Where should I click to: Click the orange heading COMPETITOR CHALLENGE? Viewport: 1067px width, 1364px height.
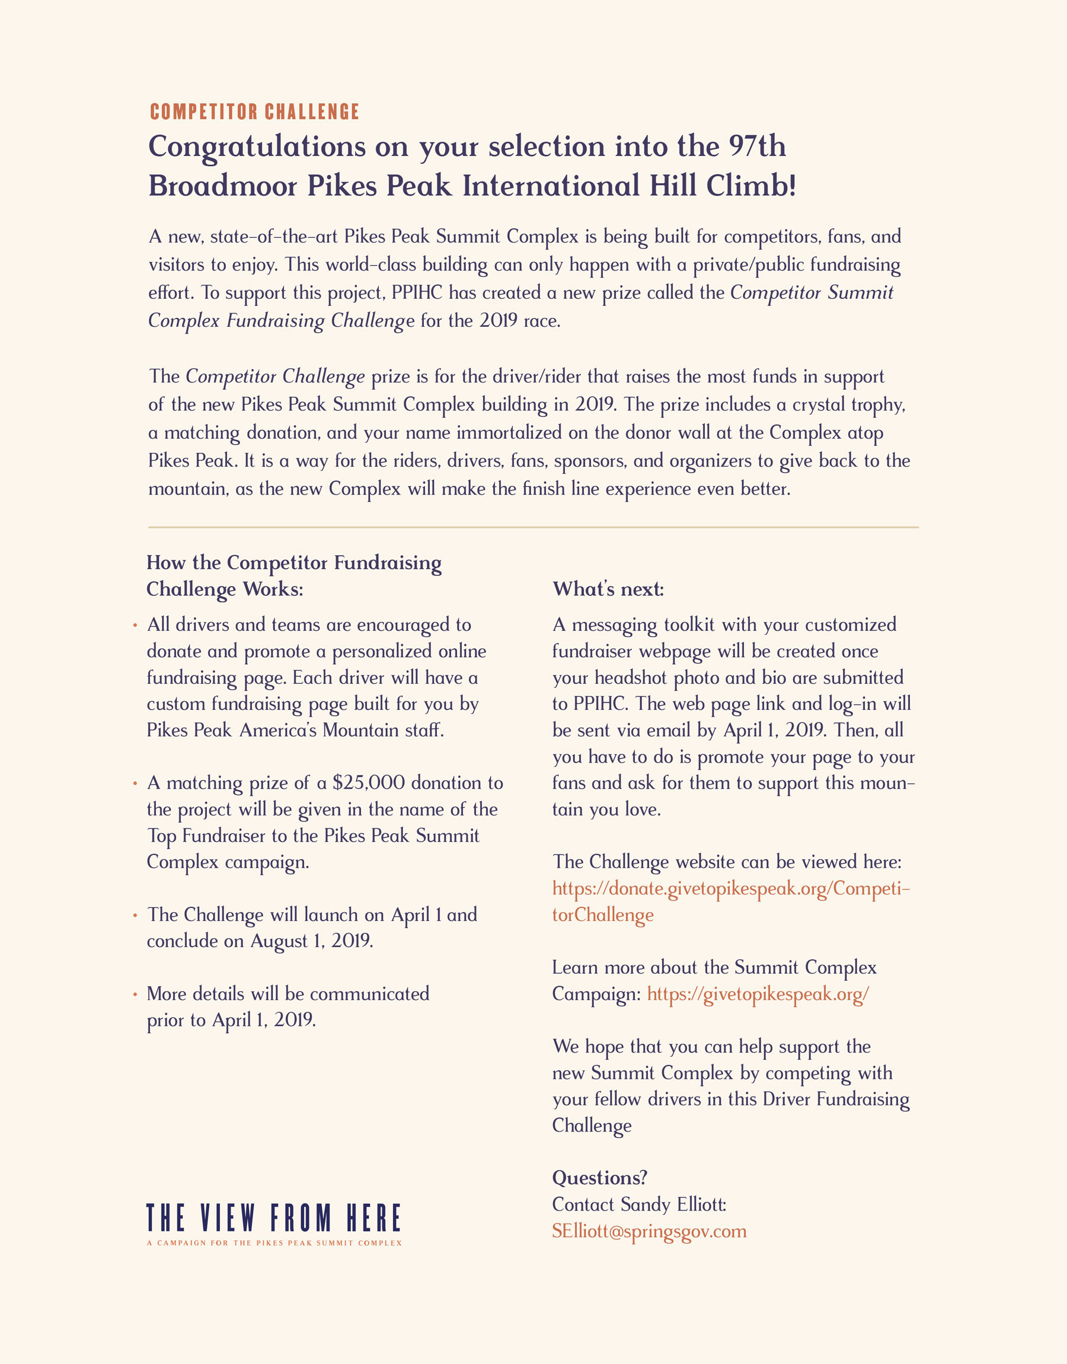tap(254, 112)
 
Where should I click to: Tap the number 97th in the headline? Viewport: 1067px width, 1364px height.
tap(756, 146)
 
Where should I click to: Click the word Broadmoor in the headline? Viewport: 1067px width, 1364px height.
tap(222, 186)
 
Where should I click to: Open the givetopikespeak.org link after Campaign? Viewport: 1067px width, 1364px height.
tap(757, 993)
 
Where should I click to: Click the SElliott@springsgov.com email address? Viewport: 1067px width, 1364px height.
tap(649, 1231)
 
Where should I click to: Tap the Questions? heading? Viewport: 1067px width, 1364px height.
tap(599, 1177)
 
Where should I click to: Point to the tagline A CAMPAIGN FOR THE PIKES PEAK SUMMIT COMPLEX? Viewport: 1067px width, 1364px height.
tap(274, 1243)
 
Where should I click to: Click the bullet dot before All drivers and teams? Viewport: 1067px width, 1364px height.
tap(135, 625)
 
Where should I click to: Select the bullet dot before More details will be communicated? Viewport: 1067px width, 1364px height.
tap(135, 993)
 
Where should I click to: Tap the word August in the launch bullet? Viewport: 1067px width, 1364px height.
tap(279, 941)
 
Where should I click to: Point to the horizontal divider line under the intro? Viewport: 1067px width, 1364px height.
tap(533, 527)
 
